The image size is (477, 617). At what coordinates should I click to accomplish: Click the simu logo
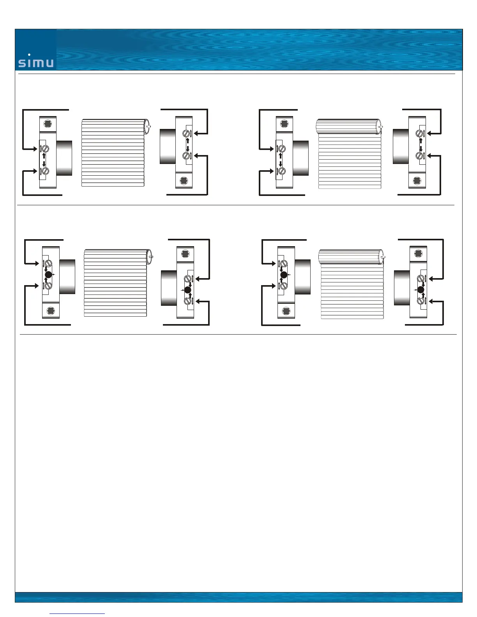pyautogui.click(x=36, y=60)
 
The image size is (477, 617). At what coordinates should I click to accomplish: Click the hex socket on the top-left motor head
pyautogui.click(x=48, y=124)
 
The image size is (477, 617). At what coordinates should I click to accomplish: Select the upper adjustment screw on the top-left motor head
pyautogui.click(x=46, y=148)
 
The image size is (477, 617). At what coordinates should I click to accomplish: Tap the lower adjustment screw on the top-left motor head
pyautogui.click(x=46, y=171)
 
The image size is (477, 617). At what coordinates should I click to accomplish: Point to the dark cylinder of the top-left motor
pyautogui.click(x=64, y=158)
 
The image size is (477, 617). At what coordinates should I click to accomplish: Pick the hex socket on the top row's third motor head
pyautogui.click(x=284, y=124)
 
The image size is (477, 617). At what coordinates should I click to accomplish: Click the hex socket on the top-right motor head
pyautogui.click(x=417, y=180)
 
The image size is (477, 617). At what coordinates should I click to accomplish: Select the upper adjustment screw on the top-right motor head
pyautogui.click(x=419, y=133)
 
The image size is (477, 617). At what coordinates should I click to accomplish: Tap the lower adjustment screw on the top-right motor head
pyautogui.click(x=419, y=156)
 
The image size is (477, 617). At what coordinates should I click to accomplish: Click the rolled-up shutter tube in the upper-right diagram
pyautogui.click(x=349, y=127)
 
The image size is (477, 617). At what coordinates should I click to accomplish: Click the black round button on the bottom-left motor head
pyautogui.click(x=48, y=275)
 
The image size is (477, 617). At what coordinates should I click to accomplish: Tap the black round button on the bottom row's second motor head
pyautogui.click(x=187, y=290)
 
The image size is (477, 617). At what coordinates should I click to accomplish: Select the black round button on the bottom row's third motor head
pyautogui.click(x=284, y=275)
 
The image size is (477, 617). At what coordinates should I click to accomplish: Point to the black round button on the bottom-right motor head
pyautogui.click(x=421, y=290)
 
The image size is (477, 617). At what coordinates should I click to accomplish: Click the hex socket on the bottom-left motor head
pyautogui.click(x=51, y=310)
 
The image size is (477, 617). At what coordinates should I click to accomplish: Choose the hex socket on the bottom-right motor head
pyautogui.click(x=419, y=253)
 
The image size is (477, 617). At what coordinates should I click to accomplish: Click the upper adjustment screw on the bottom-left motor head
pyautogui.click(x=48, y=264)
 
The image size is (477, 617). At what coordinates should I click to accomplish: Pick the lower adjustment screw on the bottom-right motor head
pyautogui.click(x=421, y=301)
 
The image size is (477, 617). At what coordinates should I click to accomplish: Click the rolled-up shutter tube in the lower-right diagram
pyautogui.click(x=351, y=257)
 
